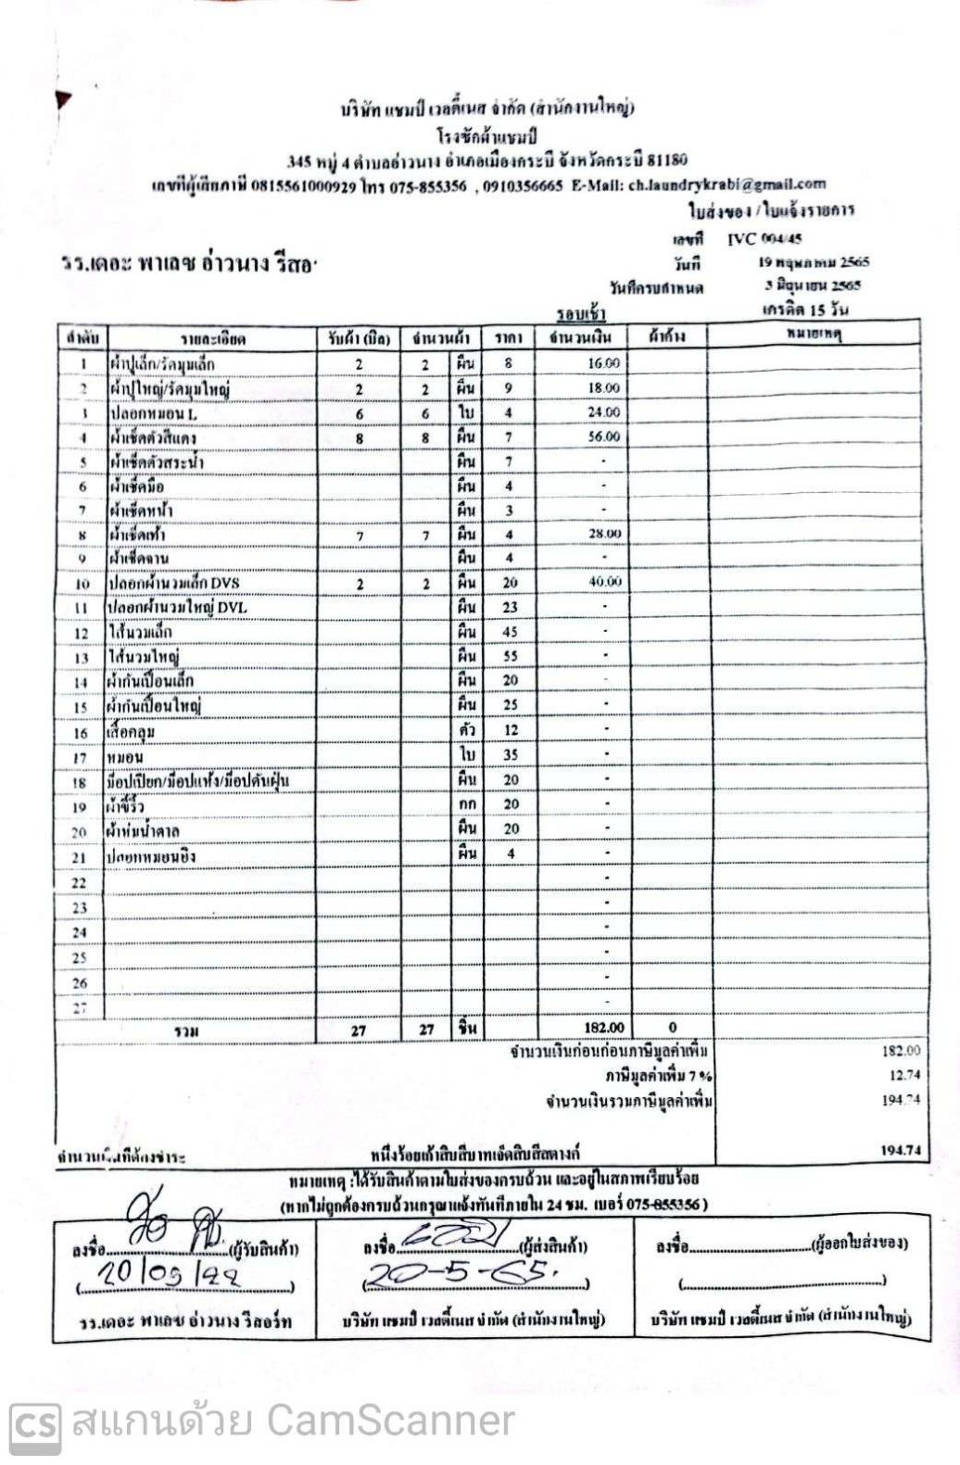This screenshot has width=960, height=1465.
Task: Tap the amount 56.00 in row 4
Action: [603, 436]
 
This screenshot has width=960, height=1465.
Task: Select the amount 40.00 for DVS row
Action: [605, 582]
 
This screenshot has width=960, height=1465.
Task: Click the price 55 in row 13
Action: [510, 656]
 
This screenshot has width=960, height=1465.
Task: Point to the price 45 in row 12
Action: [510, 632]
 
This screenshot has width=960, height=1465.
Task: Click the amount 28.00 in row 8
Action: [604, 534]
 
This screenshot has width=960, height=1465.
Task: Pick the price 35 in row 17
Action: [510, 755]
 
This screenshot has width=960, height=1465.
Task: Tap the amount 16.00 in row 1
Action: [603, 363]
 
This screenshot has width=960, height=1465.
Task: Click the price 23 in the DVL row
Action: [510, 607]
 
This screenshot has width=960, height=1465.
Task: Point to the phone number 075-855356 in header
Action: [427, 185]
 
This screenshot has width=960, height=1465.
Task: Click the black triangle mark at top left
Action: [62, 98]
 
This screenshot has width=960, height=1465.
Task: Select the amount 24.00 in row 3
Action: [603, 412]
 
